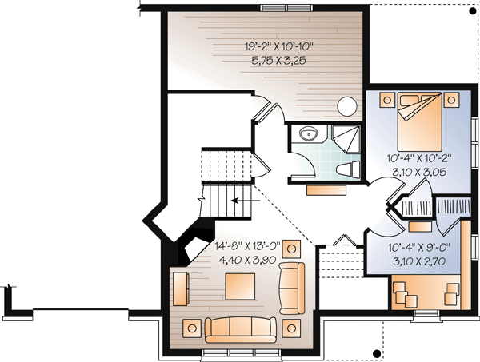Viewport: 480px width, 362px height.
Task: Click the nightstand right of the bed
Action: [x=454, y=99]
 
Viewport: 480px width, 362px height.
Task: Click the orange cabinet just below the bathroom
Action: [x=327, y=189]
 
